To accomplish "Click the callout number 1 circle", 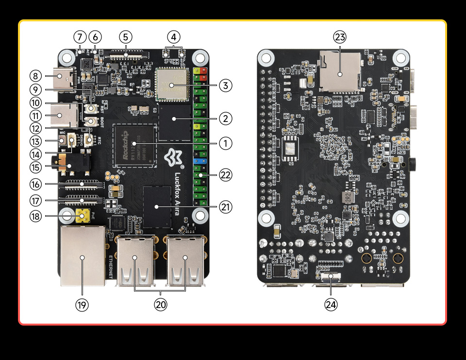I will [x=225, y=143].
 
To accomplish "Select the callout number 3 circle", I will [x=225, y=86].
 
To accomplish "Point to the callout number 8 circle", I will [x=35, y=76].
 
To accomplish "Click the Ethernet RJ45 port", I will [x=83, y=256].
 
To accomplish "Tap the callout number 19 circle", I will [x=82, y=305].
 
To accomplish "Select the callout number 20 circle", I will [x=161, y=305].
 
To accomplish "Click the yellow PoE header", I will [x=83, y=214].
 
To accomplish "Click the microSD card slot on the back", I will [x=339, y=73].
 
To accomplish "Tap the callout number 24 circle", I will [x=332, y=305].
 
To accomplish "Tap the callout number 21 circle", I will [x=225, y=207].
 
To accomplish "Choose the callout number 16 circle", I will [x=35, y=184].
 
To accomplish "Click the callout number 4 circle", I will [x=174, y=37].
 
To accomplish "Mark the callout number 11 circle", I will [x=35, y=116].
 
